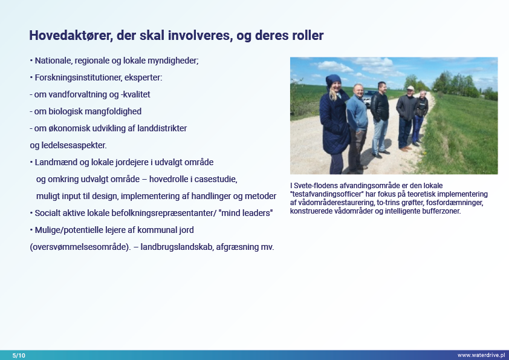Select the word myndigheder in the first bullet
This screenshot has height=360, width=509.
point(173,61)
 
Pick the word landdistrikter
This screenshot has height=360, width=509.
point(162,128)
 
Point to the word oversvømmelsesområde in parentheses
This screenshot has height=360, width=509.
point(80,247)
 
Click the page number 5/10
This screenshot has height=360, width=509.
point(19,355)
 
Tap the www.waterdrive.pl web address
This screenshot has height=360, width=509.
point(481,355)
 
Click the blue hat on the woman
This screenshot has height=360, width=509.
point(333,80)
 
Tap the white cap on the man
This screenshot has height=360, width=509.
point(410,88)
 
